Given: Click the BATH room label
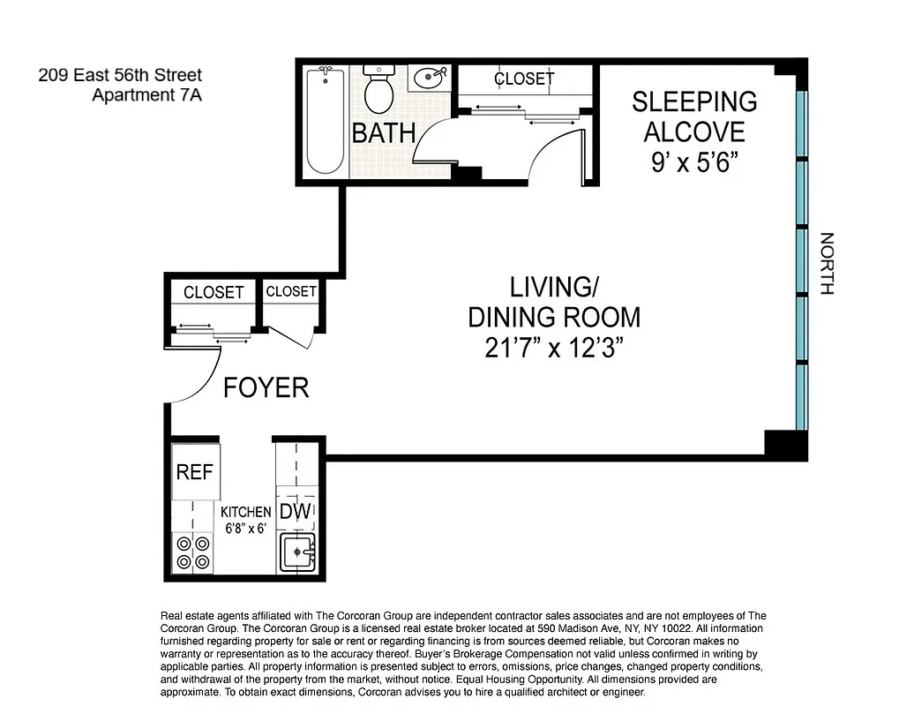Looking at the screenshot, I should (x=384, y=133).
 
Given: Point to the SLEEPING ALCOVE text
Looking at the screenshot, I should (x=694, y=116).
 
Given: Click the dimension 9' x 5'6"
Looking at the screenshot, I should (x=694, y=162).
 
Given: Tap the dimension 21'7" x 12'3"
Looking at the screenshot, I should (x=554, y=347).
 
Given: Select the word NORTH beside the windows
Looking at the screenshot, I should (x=827, y=263).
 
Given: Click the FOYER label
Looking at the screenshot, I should (x=266, y=387).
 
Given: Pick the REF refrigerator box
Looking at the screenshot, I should (x=195, y=471).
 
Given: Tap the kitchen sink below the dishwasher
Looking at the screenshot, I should (x=297, y=553).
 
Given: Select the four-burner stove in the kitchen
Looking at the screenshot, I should (x=193, y=553).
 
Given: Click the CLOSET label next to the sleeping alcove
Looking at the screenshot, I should (x=524, y=79).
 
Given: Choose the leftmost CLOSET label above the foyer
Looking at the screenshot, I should (x=214, y=292).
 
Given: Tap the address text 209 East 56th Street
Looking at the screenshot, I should (x=120, y=76).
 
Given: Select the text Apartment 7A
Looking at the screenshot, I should (x=146, y=95).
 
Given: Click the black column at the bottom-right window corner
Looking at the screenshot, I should (x=784, y=443).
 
